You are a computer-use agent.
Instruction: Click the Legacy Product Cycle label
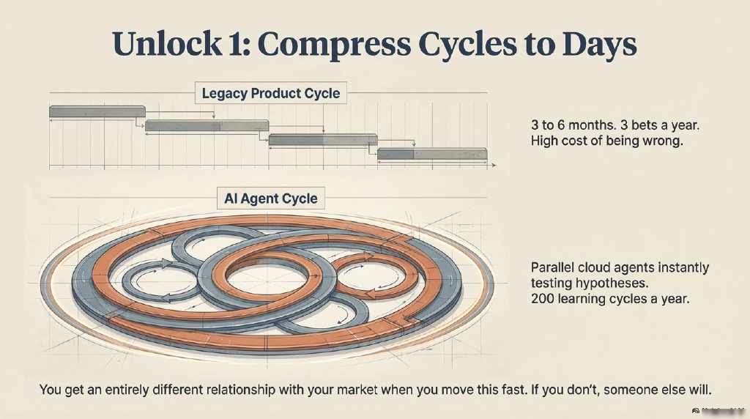click(x=271, y=94)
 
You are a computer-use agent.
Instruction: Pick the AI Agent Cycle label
click(x=271, y=199)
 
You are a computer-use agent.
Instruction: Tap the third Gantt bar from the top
click(x=323, y=139)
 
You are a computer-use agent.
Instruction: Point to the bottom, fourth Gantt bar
click(x=432, y=153)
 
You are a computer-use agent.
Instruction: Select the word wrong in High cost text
click(x=661, y=141)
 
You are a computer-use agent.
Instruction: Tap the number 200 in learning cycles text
click(x=543, y=298)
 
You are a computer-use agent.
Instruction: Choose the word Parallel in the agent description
click(x=554, y=267)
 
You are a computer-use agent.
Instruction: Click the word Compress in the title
click(x=338, y=44)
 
